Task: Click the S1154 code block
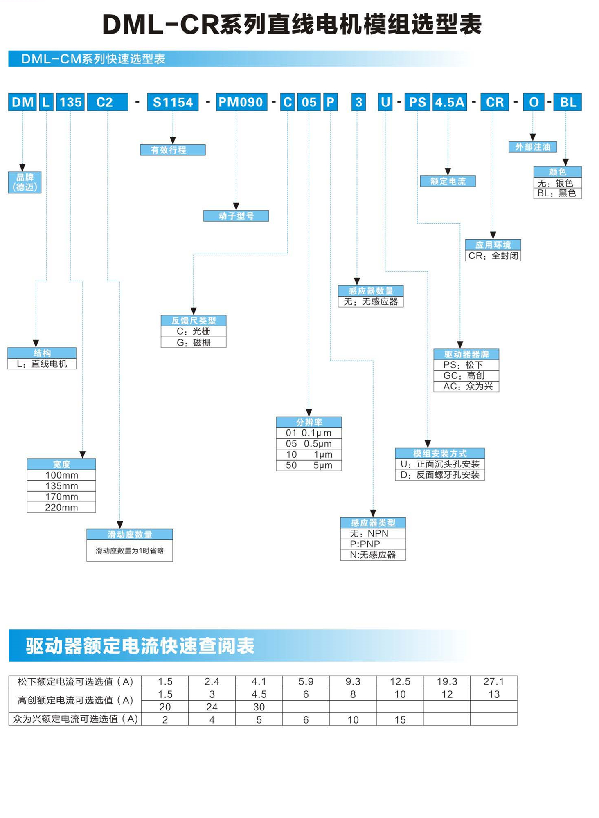pyautogui.click(x=173, y=102)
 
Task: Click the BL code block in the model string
pyautogui.click(x=567, y=102)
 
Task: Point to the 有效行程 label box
pyautogui.click(x=173, y=150)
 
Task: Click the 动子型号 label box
pyautogui.click(x=236, y=216)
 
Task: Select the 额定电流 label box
pyautogui.click(x=448, y=181)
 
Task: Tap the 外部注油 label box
pyautogui.click(x=533, y=147)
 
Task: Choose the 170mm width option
pyautogui.click(x=61, y=497)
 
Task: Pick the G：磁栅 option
pyautogui.click(x=194, y=342)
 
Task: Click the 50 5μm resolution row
pyautogui.click(x=309, y=465)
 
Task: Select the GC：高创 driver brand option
pyautogui.click(x=466, y=375)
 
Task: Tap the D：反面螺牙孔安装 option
pyautogui.click(x=440, y=475)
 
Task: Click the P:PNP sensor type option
pyautogui.click(x=373, y=544)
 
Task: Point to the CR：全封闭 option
pyautogui.click(x=493, y=256)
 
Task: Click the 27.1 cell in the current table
pyautogui.click(x=494, y=681)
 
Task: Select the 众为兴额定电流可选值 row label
pyautogui.click(x=75, y=719)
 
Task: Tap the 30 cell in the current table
pyautogui.click(x=259, y=707)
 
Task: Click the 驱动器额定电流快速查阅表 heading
pyautogui.click(x=140, y=646)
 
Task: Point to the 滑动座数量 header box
pyautogui.click(x=130, y=534)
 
